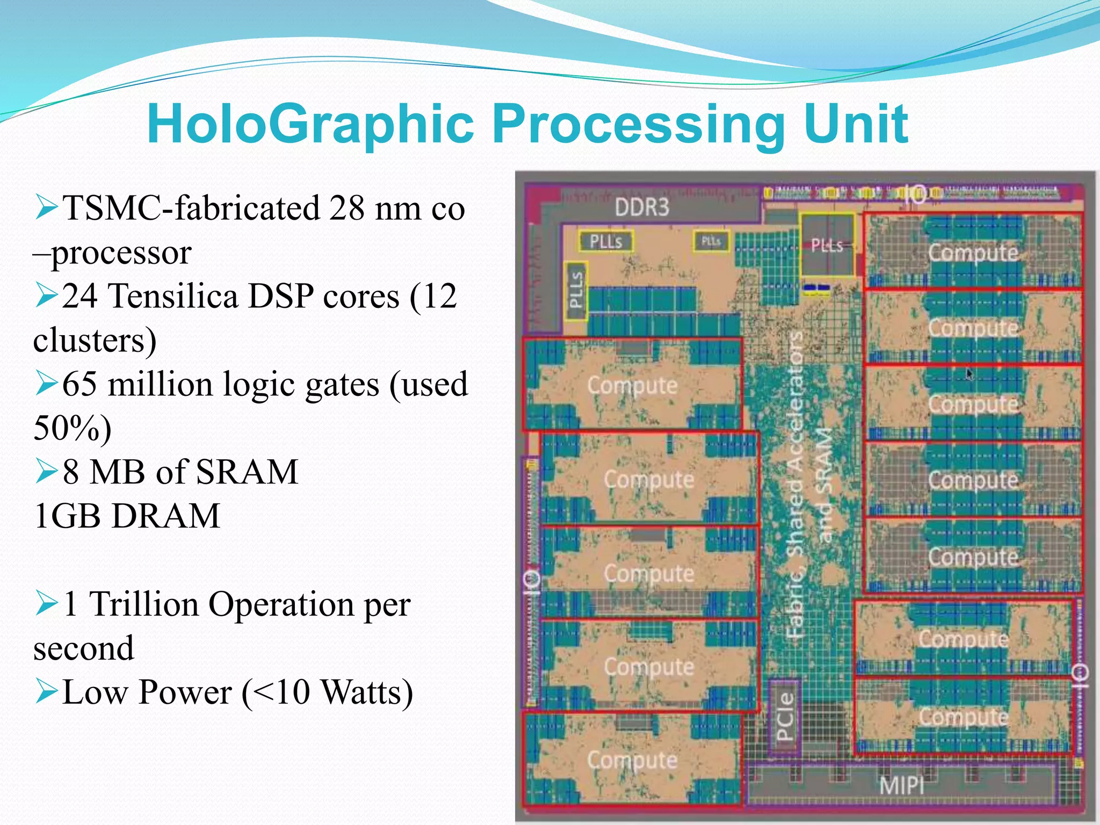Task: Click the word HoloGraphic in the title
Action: [310, 125]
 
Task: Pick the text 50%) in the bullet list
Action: [73, 428]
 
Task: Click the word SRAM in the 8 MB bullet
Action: [247, 472]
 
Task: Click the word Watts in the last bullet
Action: [367, 692]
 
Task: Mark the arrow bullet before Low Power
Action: [46, 691]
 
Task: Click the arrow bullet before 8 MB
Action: [46, 471]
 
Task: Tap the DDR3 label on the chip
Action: [642, 207]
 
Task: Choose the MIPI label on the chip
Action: [901, 786]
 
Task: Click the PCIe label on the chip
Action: [784, 717]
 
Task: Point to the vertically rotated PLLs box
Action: [576, 290]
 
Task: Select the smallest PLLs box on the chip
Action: [711, 241]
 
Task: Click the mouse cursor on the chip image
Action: [969, 374]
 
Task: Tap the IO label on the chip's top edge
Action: [915, 195]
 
